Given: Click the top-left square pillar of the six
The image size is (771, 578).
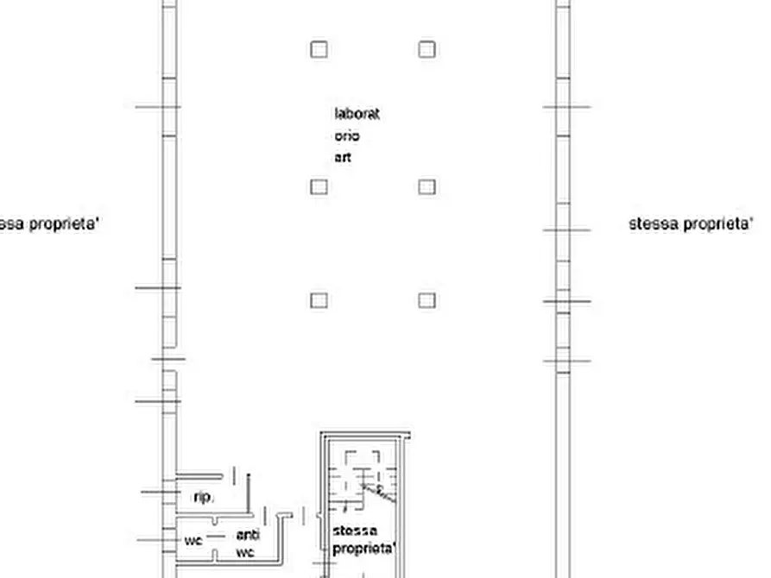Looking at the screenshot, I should click(319, 49).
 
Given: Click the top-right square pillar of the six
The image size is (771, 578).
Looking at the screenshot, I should click(427, 49).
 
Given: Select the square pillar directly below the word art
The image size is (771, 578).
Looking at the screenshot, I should click(319, 186).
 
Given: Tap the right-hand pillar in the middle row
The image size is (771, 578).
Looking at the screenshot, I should click(427, 186).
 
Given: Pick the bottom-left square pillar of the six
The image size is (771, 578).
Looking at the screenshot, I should click(319, 300).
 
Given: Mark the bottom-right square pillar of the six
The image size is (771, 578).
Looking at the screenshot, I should click(427, 300).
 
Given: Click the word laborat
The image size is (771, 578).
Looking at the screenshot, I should click(357, 113).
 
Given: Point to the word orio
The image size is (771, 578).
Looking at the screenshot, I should click(347, 136).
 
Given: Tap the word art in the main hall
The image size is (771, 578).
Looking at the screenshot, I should click(343, 158).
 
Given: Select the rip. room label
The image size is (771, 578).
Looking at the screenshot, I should click(203, 497).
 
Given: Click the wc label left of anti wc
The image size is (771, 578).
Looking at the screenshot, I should click(193, 541).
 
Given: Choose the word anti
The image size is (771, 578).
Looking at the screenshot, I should click(247, 535).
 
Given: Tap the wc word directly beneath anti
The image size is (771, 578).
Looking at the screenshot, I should click(245, 552).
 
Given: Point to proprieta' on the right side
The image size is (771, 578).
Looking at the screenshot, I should click(718, 224).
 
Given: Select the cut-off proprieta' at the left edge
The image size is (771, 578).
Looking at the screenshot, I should click(62, 224).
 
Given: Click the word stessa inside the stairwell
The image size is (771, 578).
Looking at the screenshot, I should click(355, 531).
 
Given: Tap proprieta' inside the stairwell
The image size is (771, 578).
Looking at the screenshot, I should click(363, 548).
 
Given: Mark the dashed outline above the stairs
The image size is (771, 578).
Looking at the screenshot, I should click(363, 460).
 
